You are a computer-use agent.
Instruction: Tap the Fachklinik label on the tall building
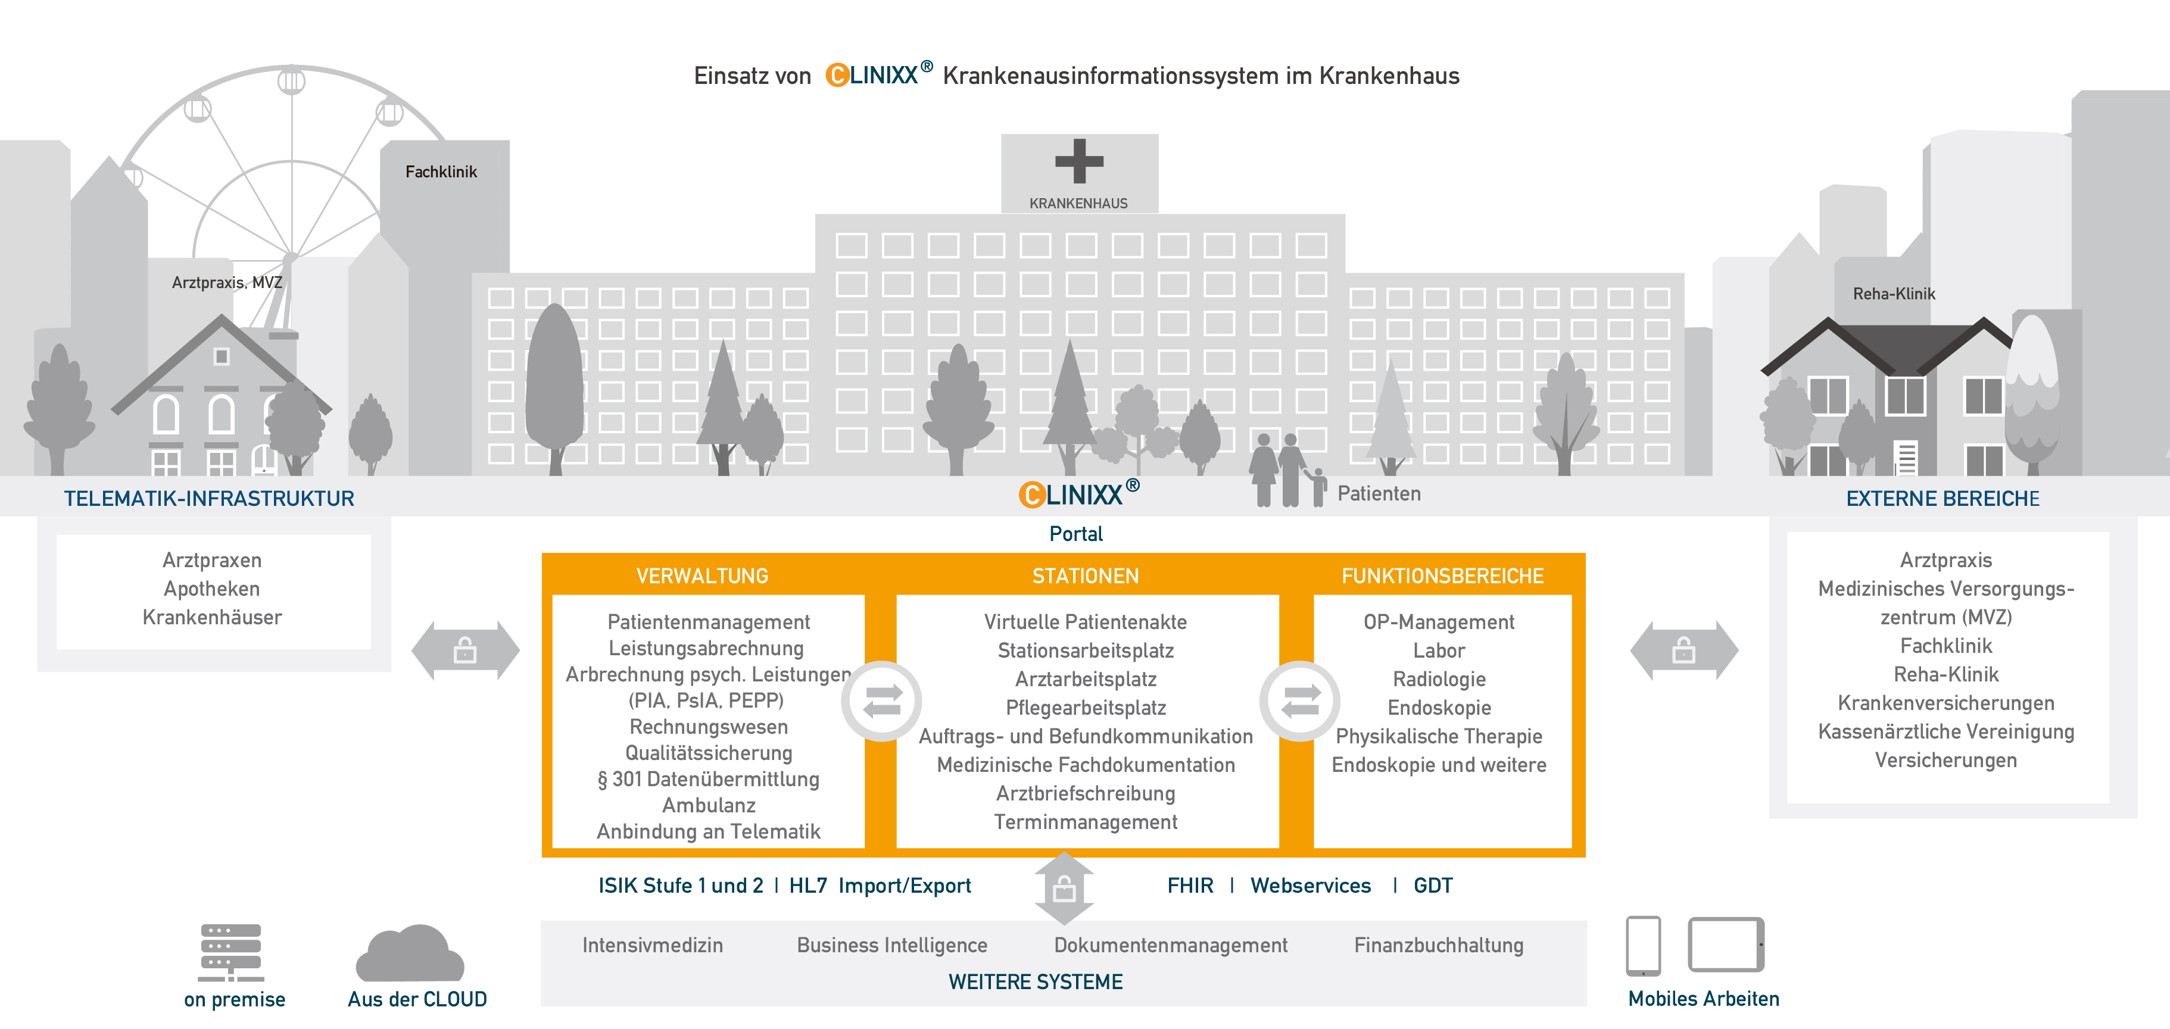click(441, 172)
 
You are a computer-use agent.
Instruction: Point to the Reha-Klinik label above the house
click(1893, 294)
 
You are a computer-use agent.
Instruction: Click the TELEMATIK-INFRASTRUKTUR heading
click(209, 499)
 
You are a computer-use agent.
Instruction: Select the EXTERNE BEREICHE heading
click(1942, 499)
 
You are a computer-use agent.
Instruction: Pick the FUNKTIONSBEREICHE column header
click(1442, 576)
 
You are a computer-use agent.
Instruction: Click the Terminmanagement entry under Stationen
click(1085, 822)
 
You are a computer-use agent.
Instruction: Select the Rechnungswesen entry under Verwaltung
click(709, 727)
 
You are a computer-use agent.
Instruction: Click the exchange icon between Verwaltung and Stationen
click(882, 700)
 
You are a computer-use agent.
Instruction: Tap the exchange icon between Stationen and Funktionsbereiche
click(1300, 700)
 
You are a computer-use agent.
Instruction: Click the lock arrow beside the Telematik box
click(465, 650)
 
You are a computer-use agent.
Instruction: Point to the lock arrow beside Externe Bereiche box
click(1683, 650)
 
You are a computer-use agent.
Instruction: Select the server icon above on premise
click(231, 952)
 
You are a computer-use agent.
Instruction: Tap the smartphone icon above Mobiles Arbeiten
click(1642, 946)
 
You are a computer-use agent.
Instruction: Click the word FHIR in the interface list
click(1189, 886)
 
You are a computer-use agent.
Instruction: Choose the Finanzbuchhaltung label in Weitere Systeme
click(1438, 945)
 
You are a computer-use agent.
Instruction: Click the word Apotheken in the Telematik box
click(211, 589)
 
